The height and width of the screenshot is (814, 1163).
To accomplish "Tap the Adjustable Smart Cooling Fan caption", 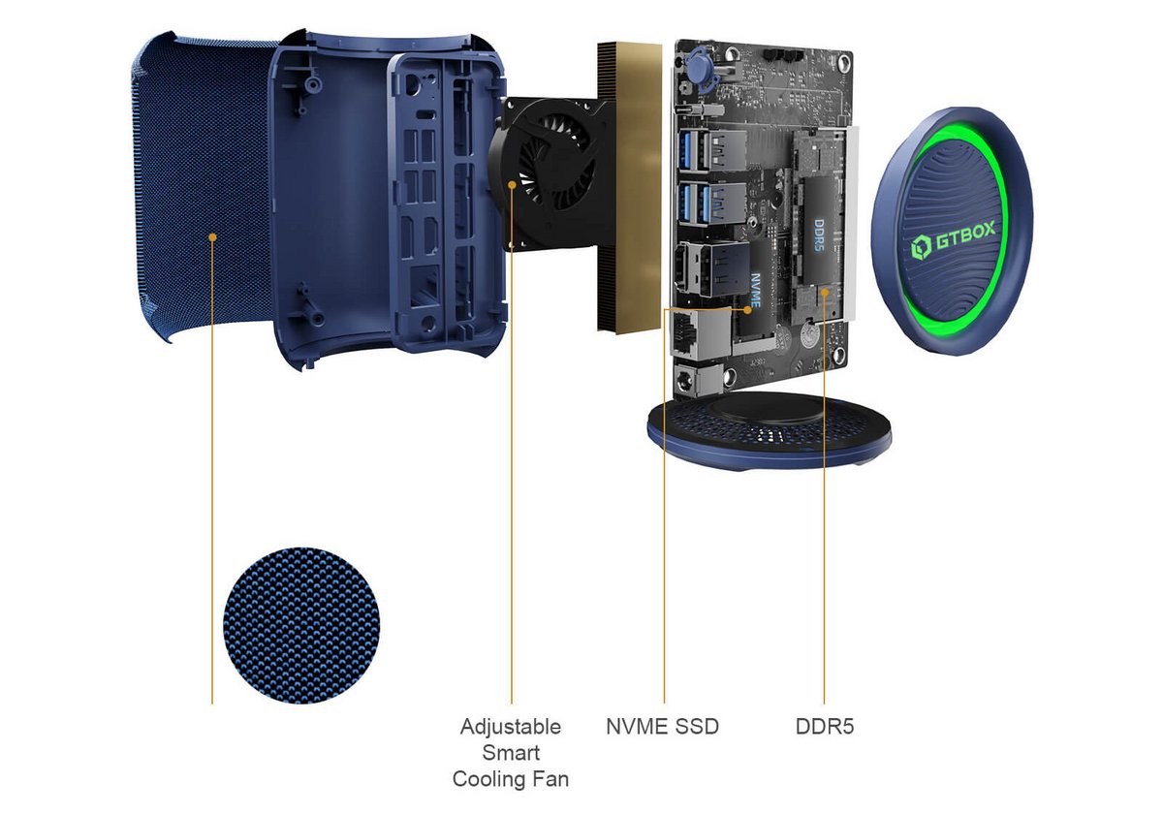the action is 511,753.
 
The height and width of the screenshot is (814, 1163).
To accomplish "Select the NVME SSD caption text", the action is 663,727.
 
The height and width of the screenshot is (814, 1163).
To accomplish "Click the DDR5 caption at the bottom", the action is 825,727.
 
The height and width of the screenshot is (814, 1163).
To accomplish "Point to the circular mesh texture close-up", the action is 301,626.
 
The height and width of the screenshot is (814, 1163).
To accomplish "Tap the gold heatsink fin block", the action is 629,187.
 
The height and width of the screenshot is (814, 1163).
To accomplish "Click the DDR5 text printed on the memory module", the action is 819,235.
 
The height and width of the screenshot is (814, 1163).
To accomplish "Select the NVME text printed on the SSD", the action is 756,290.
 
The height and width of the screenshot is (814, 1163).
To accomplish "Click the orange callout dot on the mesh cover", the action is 212,237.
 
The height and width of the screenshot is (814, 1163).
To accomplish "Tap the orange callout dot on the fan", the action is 512,185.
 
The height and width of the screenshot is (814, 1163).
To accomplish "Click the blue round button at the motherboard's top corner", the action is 699,68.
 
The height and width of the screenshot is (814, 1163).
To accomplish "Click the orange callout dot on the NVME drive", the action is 747,310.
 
